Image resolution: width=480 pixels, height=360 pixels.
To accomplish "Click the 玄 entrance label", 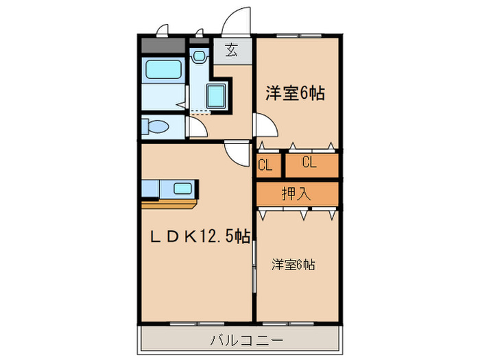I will pos(232,51).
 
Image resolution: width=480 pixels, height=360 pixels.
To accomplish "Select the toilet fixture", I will pos(156,127).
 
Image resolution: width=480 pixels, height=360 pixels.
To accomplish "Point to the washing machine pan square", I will pos(218,97).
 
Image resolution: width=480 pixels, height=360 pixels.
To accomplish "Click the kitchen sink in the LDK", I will pos(183,189).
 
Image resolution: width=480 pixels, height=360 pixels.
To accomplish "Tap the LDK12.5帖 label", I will pos(200,237).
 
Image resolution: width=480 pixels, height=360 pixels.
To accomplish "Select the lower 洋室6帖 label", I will pos(293,264).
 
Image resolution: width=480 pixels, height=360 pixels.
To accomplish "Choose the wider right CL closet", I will pos(309,163).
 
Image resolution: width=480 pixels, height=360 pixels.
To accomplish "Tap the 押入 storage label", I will pos(296,193).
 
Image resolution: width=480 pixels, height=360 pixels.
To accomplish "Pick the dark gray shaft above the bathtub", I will pos(163,47).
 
